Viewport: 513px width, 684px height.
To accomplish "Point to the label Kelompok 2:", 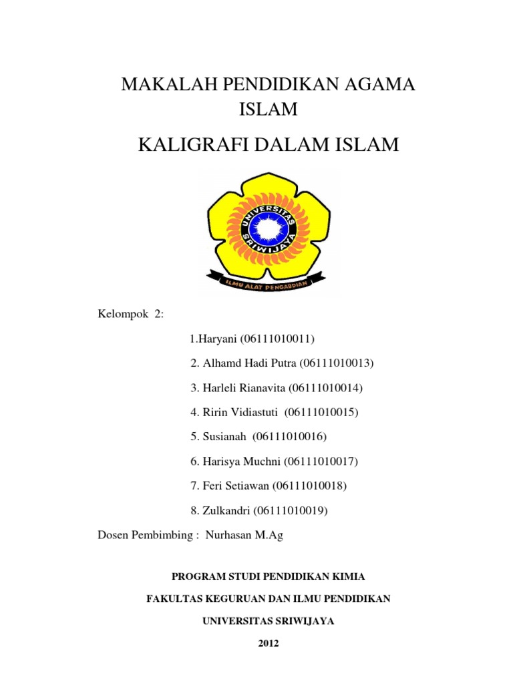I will [x=131, y=315].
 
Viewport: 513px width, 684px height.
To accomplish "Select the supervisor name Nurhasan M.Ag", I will [x=244, y=535].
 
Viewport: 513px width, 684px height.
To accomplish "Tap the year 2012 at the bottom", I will [x=268, y=644].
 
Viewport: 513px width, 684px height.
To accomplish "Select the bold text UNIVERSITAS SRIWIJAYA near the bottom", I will [x=268, y=621].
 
